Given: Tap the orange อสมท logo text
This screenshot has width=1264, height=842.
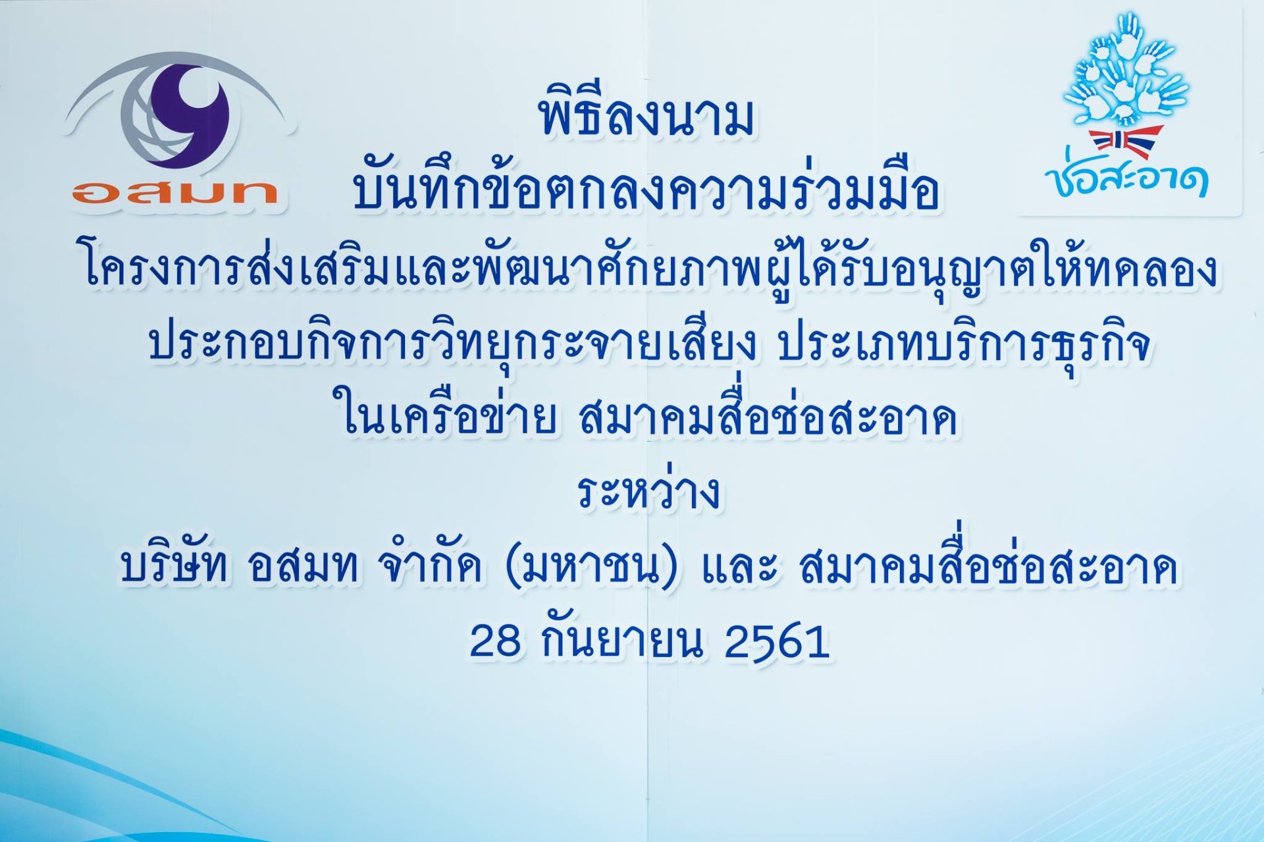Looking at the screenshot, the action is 175,192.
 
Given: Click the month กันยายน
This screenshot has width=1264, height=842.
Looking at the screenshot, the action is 622,641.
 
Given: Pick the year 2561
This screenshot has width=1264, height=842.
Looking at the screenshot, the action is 776,641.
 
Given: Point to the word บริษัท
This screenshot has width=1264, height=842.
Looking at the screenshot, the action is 174,566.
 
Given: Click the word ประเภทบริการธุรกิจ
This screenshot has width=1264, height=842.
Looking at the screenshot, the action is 964,345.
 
